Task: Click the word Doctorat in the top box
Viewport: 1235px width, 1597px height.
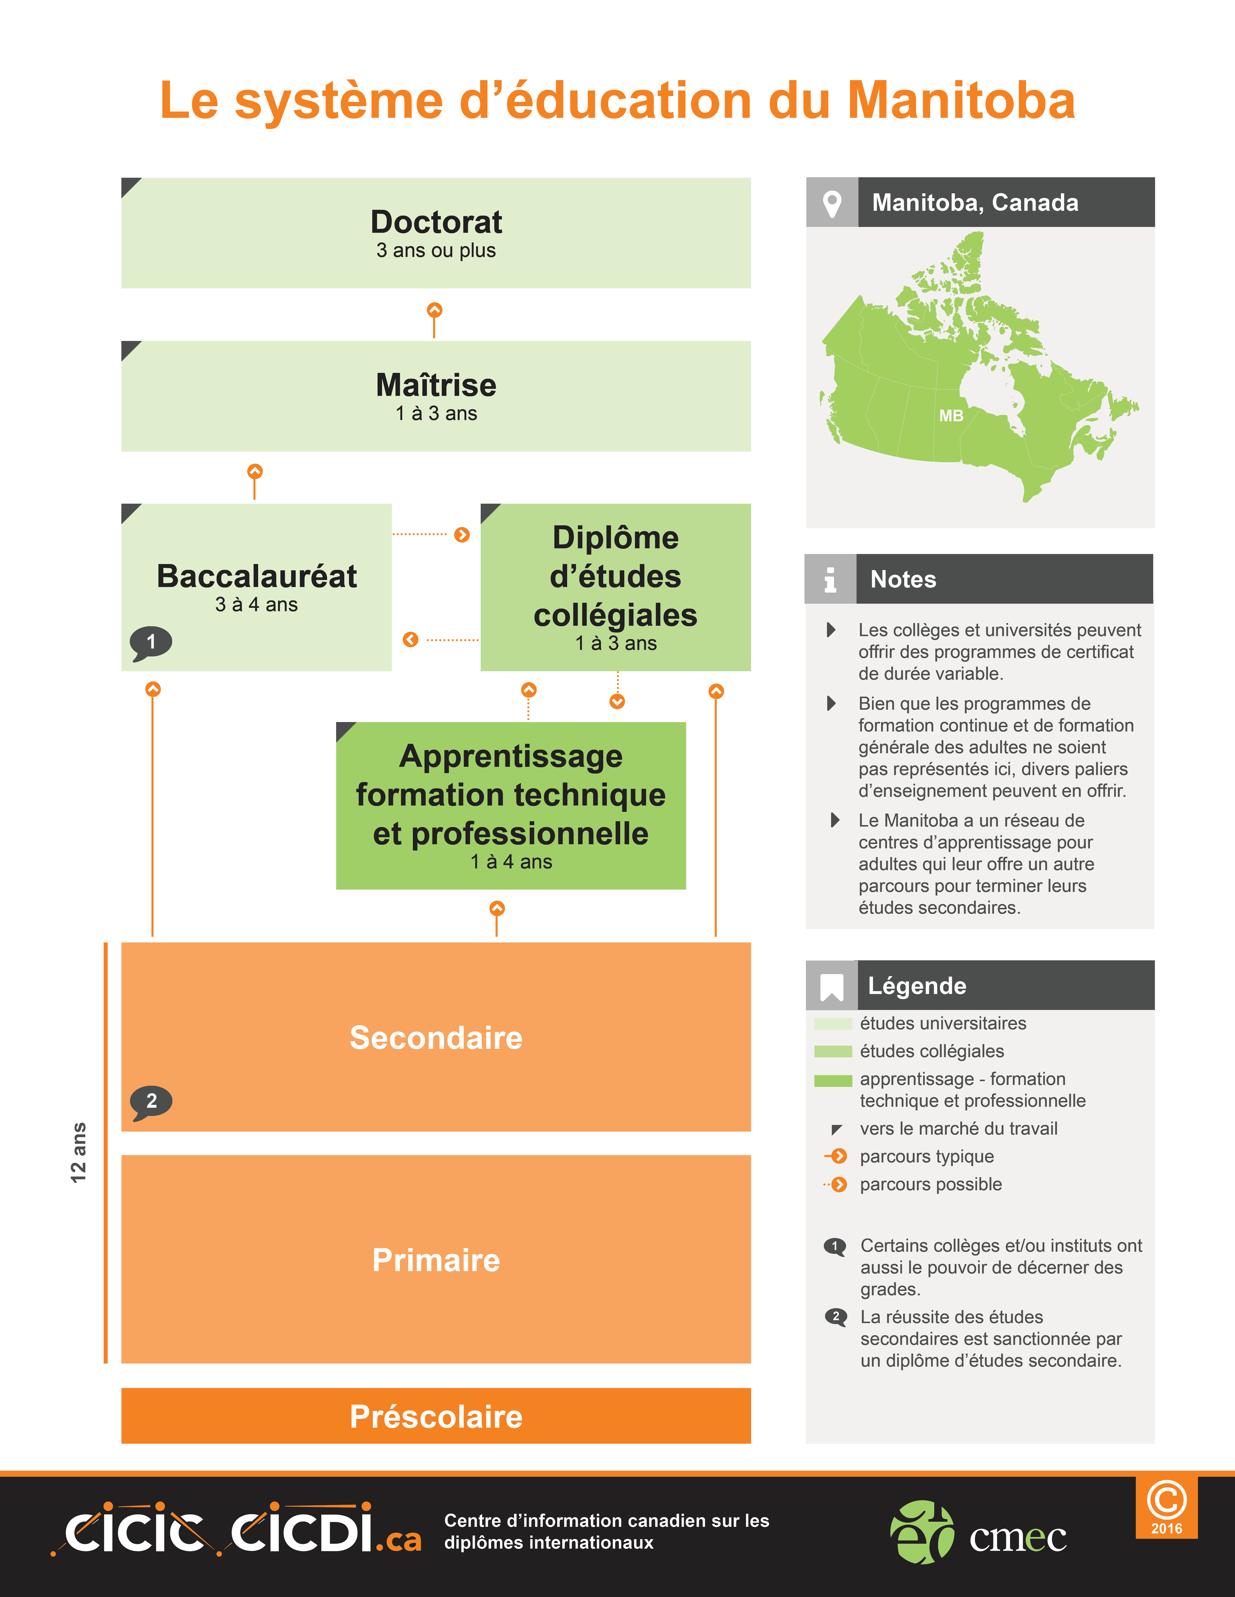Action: (436, 222)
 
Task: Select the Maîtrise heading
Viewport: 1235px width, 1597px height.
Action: (436, 385)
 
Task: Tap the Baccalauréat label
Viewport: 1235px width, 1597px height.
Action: (257, 576)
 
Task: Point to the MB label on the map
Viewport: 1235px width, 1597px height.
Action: (951, 415)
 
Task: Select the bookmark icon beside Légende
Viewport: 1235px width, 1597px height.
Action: (832, 987)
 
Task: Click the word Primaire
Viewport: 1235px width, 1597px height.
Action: (436, 1260)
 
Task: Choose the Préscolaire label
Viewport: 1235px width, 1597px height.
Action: (436, 1416)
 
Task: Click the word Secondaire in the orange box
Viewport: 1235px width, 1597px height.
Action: (436, 1038)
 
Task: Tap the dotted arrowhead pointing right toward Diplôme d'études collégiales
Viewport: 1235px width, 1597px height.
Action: (462, 535)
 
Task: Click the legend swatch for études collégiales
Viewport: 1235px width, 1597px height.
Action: (833, 1052)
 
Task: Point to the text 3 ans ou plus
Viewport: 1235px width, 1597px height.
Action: (436, 250)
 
